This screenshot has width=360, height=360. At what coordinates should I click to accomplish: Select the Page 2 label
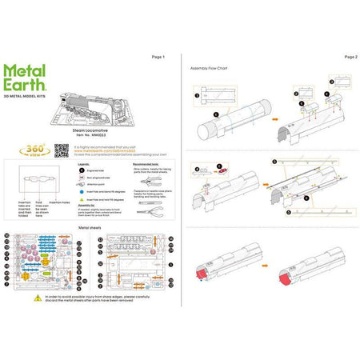click(350, 58)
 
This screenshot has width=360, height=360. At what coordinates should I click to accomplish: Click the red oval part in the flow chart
click(225, 170)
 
